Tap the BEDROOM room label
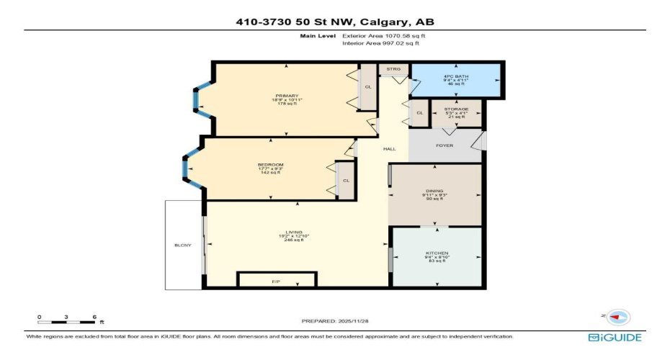point(270,165)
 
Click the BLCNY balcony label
point(183,246)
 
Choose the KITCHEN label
point(437,253)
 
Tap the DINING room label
point(434,191)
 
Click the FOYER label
point(445,145)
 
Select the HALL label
point(389,148)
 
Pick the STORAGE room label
point(457,109)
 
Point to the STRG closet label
point(393,69)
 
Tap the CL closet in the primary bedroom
point(367,87)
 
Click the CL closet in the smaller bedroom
point(346,181)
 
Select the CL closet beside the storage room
point(419,113)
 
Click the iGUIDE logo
point(615,337)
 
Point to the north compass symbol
point(617,316)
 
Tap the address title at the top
point(335,22)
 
